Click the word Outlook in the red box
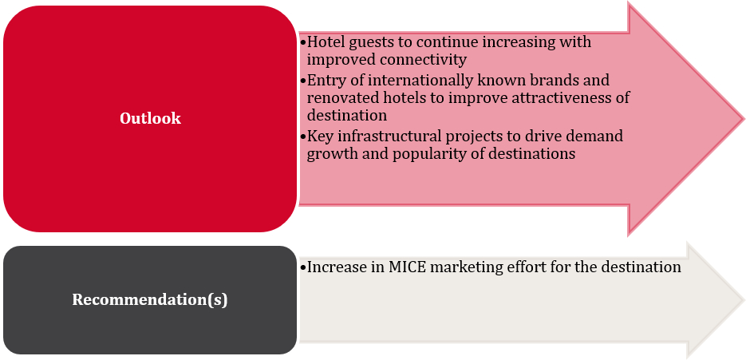[x=150, y=118]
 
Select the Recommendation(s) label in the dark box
[x=150, y=299]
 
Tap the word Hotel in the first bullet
[x=323, y=42]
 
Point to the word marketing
[x=458, y=267]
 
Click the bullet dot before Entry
[x=302, y=81]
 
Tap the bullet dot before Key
[x=302, y=137]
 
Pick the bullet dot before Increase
[x=302, y=268]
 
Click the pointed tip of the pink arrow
[x=744, y=118]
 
